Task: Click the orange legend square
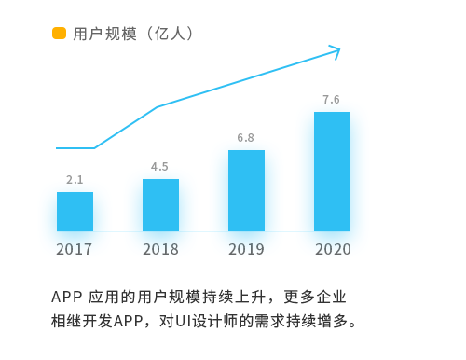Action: [59, 34]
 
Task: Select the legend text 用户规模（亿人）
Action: [132, 34]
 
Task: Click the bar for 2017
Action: [75, 212]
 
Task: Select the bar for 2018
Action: [160, 205]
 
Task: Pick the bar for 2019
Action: [246, 191]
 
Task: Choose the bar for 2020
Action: [332, 172]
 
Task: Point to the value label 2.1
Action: [75, 180]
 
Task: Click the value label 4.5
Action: [159, 167]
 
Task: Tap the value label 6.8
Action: [245, 138]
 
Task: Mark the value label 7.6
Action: [331, 100]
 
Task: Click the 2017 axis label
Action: [74, 249]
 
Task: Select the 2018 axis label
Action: [160, 249]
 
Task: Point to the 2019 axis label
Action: [246, 249]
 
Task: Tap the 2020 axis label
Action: [333, 249]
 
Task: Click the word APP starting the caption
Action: [67, 297]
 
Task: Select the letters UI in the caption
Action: [183, 321]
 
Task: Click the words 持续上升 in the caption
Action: [234, 297]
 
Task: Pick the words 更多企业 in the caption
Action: [315, 297]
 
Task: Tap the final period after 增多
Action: [352, 325]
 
